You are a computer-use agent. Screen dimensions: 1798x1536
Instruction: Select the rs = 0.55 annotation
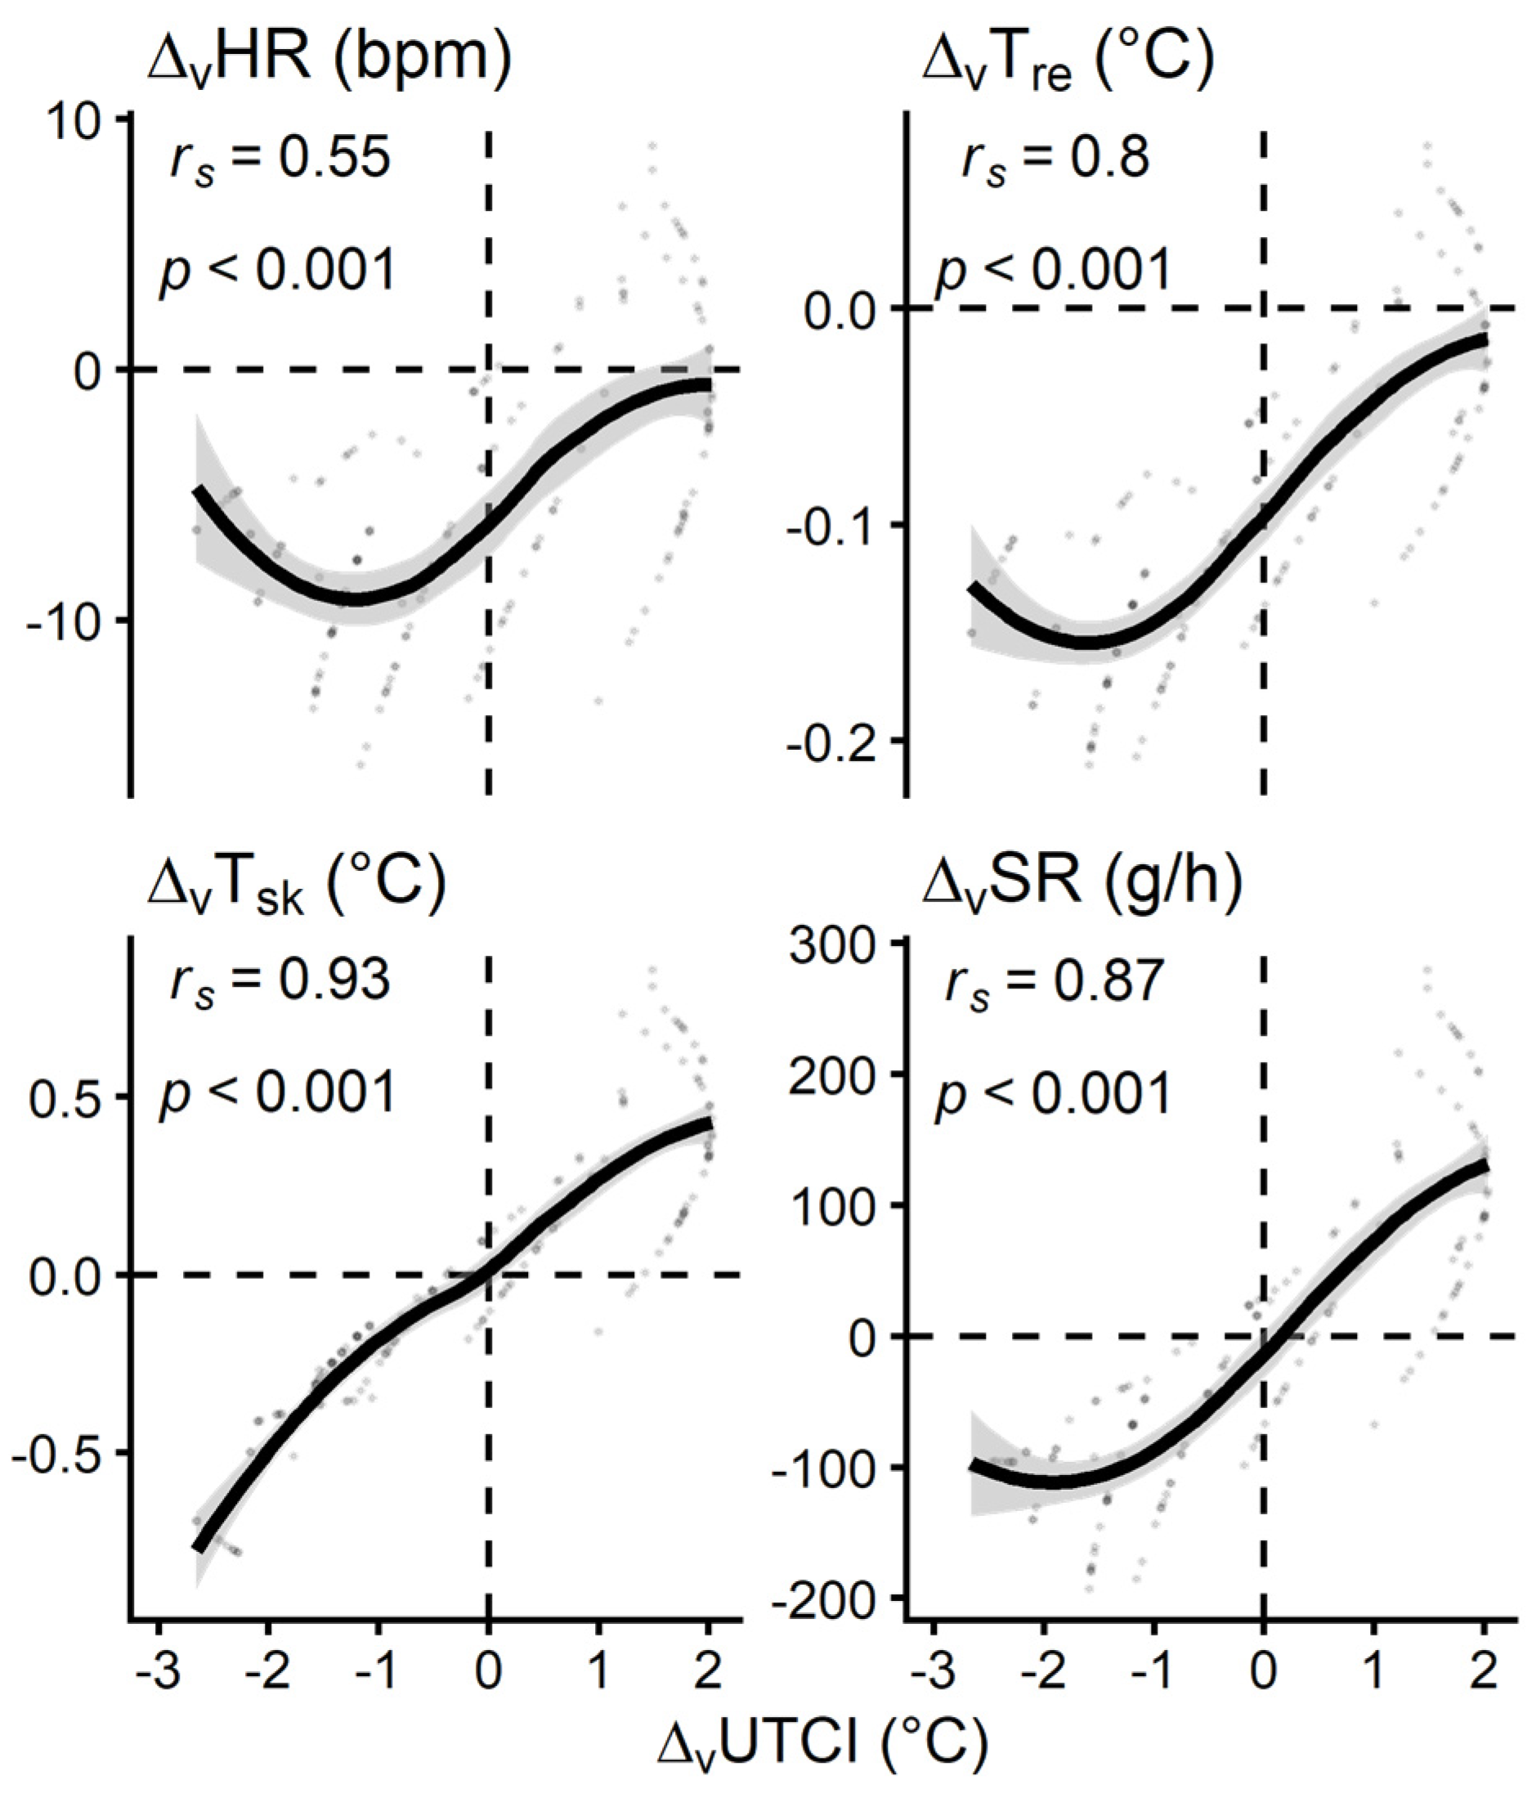(280, 159)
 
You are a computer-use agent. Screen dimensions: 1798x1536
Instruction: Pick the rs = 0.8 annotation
(1055, 159)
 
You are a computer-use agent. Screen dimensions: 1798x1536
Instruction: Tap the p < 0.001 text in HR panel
(278, 269)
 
